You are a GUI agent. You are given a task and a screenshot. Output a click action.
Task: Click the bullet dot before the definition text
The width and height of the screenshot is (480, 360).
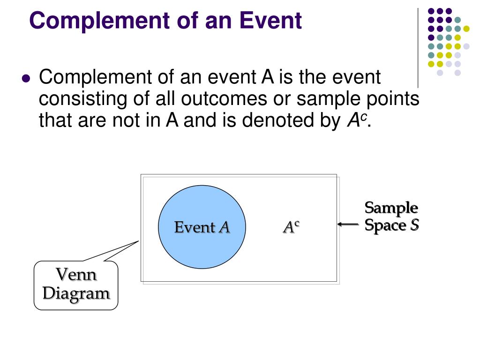pyautogui.click(x=26, y=78)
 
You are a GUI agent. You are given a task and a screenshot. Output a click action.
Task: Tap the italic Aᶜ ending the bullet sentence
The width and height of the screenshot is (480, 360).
pyautogui.click(x=356, y=121)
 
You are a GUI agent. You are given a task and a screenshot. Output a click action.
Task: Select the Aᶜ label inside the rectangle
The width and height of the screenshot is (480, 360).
pyautogui.click(x=291, y=227)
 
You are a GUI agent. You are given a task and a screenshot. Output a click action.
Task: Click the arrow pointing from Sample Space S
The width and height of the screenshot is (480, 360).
pyautogui.click(x=348, y=225)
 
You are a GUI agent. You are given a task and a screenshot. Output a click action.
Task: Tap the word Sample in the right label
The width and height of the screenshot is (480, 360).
pyautogui.click(x=391, y=207)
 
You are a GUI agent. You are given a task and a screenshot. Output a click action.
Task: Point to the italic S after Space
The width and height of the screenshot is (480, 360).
pyautogui.click(x=414, y=225)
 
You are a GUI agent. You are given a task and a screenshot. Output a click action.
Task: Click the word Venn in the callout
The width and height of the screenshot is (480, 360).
pyautogui.click(x=76, y=275)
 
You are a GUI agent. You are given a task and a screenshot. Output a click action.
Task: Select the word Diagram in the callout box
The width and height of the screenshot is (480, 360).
pyautogui.click(x=76, y=293)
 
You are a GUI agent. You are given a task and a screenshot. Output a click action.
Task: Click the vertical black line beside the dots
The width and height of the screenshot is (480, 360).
pyautogui.click(x=418, y=47)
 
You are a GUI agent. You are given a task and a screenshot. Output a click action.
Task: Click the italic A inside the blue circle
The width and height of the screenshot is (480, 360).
pyautogui.click(x=225, y=227)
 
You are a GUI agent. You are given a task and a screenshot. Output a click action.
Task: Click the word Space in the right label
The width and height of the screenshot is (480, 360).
pyautogui.click(x=385, y=225)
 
